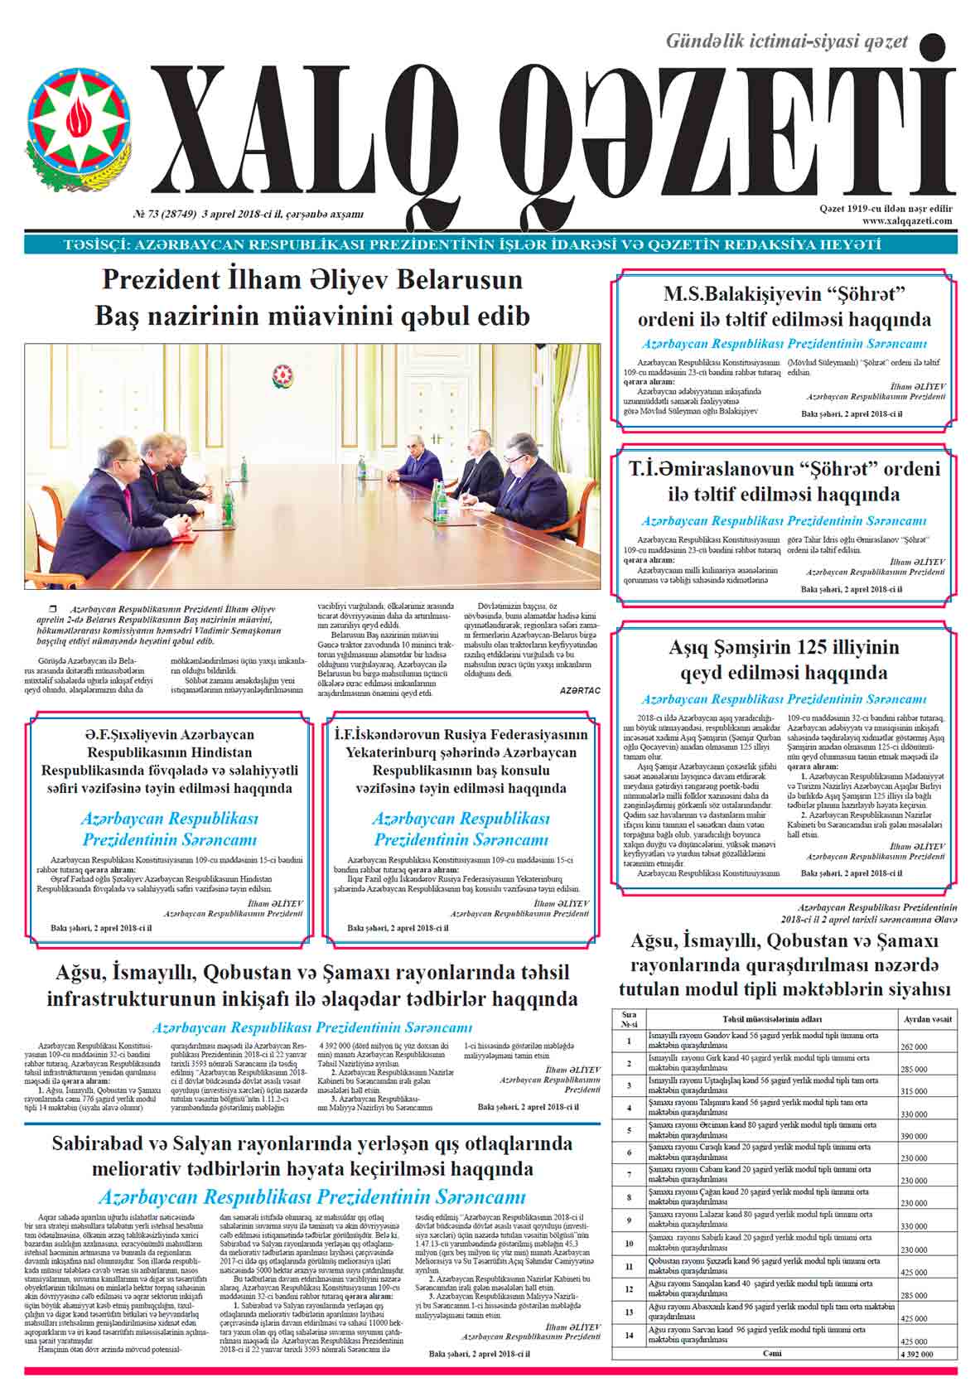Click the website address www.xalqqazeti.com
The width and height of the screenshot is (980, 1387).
[x=907, y=221]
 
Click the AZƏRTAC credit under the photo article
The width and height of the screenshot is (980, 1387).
[x=579, y=690]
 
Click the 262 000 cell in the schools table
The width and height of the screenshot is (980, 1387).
[x=915, y=1046]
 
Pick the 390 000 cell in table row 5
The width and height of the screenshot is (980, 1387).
[x=915, y=1136]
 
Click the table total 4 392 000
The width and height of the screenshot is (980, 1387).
[x=915, y=1354]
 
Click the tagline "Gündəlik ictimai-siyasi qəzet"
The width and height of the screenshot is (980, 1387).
[x=787, y=41]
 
